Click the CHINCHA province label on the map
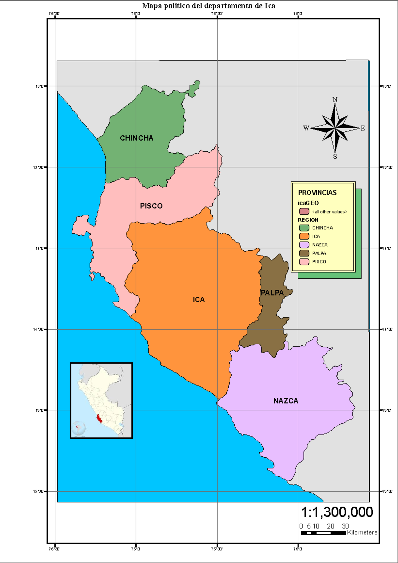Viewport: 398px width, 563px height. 136,138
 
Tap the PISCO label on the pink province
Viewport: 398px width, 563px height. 151,206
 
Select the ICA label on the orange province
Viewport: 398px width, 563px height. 199,300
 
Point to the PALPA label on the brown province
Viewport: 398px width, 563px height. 272,293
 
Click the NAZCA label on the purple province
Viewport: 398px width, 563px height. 286,401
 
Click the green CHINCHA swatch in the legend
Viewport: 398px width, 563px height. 304,228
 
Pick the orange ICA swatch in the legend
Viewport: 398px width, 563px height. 304,236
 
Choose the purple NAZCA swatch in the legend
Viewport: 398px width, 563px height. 304,245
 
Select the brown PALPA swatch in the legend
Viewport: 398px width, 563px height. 304,253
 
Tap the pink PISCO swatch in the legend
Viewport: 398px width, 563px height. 304,262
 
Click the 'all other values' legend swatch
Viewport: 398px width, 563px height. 304,212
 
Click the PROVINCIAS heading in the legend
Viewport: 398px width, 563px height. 317,193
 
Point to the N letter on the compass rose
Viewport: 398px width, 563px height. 335,100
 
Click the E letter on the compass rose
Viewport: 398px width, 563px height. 363,128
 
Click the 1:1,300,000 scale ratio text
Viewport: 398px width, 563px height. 337,512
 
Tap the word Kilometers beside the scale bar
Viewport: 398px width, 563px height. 362,532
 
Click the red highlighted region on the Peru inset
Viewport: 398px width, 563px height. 99,419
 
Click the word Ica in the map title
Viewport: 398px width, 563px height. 270,6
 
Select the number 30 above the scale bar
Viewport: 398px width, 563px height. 345,526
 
